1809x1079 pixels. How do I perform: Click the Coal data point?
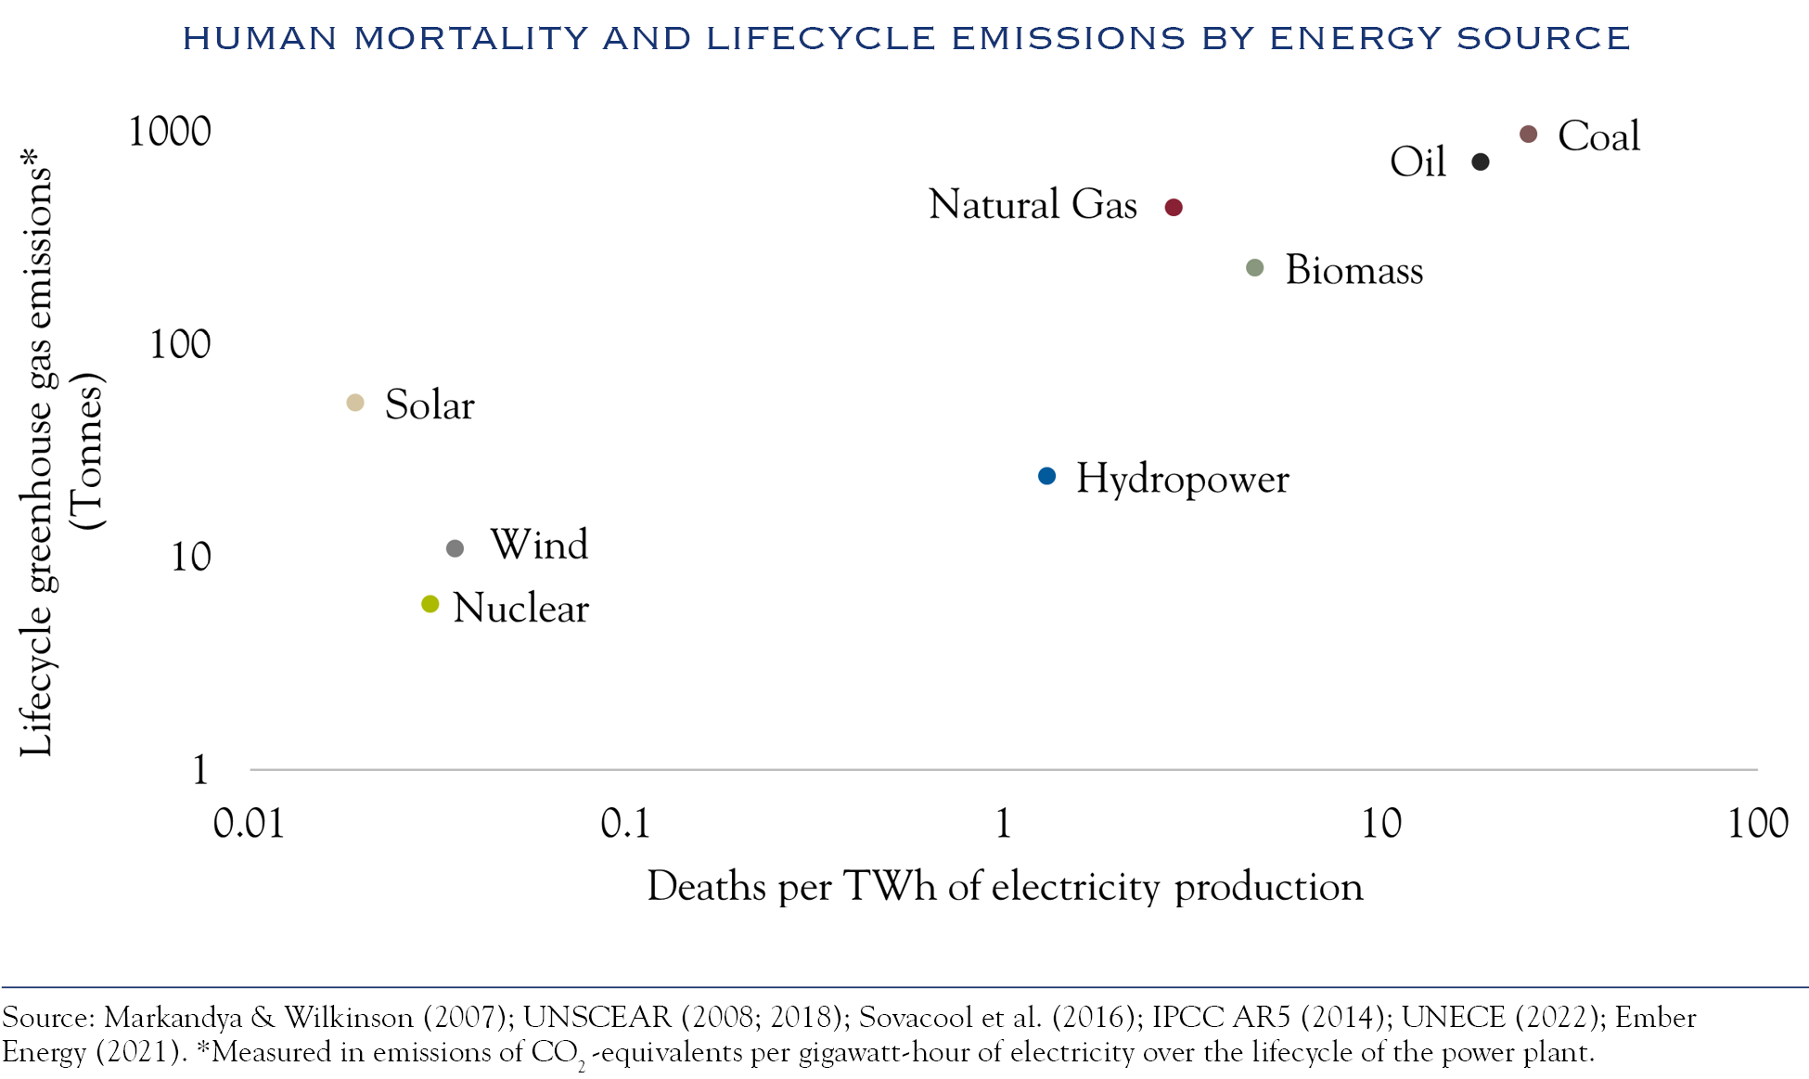click(1528, 135)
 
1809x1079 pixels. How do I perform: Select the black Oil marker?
click(1481, 162)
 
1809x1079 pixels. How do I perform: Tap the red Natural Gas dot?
click(1174, 208)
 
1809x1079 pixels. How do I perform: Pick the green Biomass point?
click(1254, 268)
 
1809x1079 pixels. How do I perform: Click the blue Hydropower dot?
click(1046, 476)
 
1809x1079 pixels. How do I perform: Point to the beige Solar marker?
click(354, 403)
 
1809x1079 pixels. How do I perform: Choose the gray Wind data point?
click(455, 548)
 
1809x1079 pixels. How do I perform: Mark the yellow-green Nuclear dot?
click(430, 604)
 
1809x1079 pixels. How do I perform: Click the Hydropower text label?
click(1182, 480)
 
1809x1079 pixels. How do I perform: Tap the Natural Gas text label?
click(1033, 205)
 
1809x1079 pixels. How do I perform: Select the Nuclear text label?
click(520, 609)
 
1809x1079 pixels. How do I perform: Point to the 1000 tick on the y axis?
click(170, 132)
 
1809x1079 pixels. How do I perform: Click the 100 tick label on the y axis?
click(180, 345)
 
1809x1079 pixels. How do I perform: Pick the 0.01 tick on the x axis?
click(249, 824)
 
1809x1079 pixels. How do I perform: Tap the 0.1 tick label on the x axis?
click(625, 824)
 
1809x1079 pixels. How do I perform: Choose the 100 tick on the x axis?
click(1757, 824)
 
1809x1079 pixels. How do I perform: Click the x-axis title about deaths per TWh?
click(1005, 887)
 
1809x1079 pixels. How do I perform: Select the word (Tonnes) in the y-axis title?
click(89, 452)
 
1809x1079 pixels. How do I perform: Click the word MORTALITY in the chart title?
click(471, 38)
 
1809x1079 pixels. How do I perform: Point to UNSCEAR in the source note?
click(597, 1018)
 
